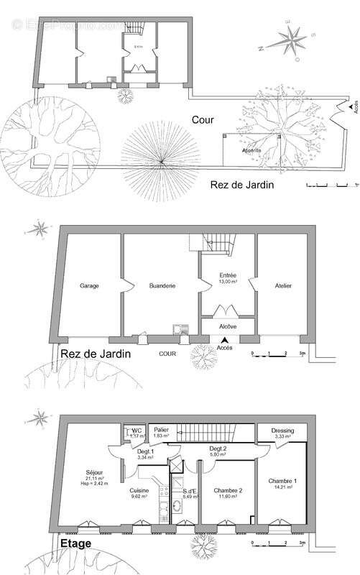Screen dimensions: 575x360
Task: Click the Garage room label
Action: pyautogui.click(x=89, y=286)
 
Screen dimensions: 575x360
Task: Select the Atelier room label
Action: pyautogui.click(x=283, y=286)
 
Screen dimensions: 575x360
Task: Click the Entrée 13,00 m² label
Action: pyautogui.click(x=229, y=278)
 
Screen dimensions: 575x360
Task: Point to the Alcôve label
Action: pyautogui.click(x=227, y=326)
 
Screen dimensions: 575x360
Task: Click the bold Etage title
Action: pyautogui.click(x=75, y=544)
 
